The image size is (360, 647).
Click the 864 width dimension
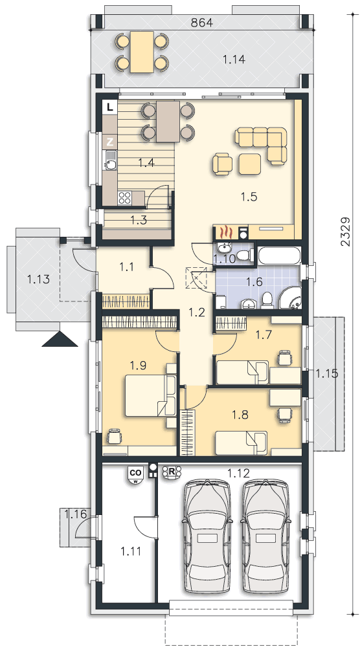[x=202, y=23]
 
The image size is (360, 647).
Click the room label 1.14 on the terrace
[x=234, y=60]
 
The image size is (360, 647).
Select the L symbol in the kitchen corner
[x=109, y=107]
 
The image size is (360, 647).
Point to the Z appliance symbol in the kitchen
[x=110, y=142]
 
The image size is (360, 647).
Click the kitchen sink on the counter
[x=111, y=161]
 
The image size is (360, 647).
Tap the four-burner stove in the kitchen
[x=124, y=198]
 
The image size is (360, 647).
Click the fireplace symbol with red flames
[x=225, y=233]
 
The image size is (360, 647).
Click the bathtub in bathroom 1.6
[x=278, y=256]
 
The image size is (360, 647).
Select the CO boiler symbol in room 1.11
[x=135, y=476]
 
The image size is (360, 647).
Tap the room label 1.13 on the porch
[x=38, y=280]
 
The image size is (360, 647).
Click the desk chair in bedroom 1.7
[x=284, y=357]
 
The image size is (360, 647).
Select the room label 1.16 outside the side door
[x=75, y=514]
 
